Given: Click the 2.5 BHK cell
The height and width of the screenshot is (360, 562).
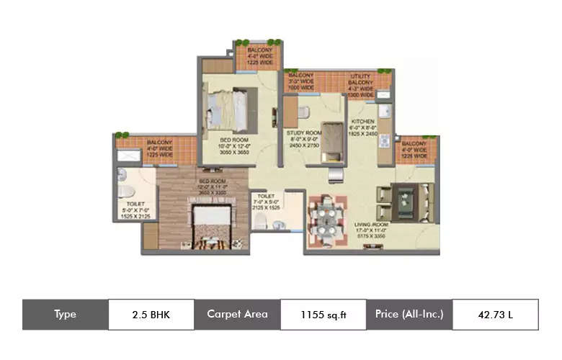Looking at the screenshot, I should coord(151,315).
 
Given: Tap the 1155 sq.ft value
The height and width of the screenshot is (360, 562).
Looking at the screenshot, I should coord(322,315).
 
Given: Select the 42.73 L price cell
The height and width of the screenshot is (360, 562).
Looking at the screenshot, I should coord(494,315).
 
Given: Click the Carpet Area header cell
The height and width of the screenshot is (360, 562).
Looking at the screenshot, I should coord(237,315).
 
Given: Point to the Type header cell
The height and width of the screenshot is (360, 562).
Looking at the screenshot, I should coord(65,315).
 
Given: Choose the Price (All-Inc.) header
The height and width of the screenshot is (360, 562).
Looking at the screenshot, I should coord(409,315).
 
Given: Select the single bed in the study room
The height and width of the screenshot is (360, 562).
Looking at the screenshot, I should coord(331,141).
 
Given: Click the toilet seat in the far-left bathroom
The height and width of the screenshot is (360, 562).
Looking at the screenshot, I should coord(127,191).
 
